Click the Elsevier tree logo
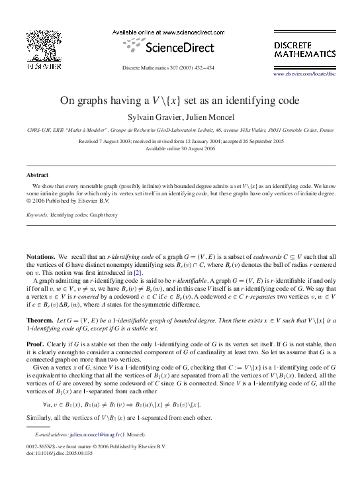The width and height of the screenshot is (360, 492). pyautogui.click(x=44, y=49)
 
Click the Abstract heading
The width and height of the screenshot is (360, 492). pyautogui.click(x=37, y=175)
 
